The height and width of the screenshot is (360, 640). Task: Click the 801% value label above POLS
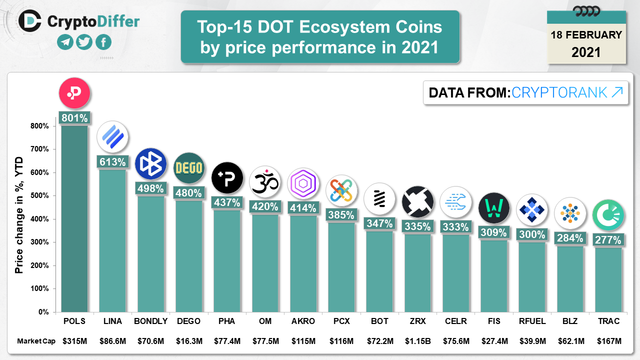point(74,118)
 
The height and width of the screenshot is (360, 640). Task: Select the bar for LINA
point(112,240)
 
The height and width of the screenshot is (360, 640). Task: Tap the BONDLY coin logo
point(150,163)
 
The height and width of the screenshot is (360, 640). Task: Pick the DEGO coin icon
point(189,168)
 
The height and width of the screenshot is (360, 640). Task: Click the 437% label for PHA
point(227,202)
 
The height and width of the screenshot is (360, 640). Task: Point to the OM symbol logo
point(265,182)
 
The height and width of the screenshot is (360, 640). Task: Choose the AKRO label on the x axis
point(303,321)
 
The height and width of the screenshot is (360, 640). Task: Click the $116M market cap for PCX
point(341,341)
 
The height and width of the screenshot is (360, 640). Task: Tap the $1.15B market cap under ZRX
point(417,341)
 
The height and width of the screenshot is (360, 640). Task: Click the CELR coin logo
point(455,202)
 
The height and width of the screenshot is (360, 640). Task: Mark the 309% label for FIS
point(493,232)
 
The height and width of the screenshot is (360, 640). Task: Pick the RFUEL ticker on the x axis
point(532,321)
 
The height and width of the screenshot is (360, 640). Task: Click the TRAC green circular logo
point(608,215)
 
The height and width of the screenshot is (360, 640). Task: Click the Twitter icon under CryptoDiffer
point(84,42)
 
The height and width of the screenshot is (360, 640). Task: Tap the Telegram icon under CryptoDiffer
point(65,42)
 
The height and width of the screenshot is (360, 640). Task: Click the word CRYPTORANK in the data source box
point(559,92)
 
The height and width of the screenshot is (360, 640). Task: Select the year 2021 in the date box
point(586,52)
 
